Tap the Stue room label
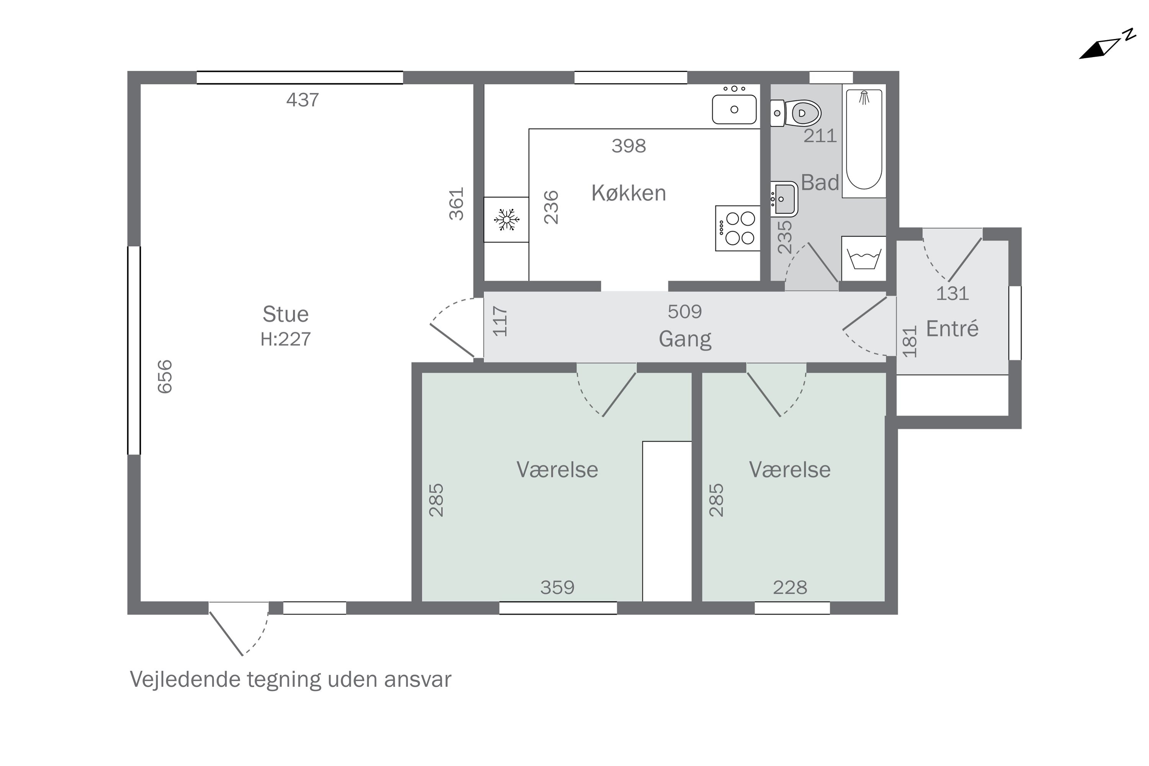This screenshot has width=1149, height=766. pos(286,314)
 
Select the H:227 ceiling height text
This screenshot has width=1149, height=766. pos(286,339)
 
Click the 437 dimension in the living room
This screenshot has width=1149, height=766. pos(303,100)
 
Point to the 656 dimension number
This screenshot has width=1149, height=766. pos(165,376)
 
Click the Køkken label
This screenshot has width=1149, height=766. pos(629,193)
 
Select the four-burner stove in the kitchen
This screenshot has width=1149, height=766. pos(738,228)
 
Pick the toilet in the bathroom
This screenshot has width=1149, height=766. pos(796,113)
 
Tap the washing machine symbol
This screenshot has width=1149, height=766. pos(864,259)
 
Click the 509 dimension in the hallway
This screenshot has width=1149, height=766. pos(685,312)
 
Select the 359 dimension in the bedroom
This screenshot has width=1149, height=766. pos(557,588)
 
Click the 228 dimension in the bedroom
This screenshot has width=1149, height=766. pos(790,588)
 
